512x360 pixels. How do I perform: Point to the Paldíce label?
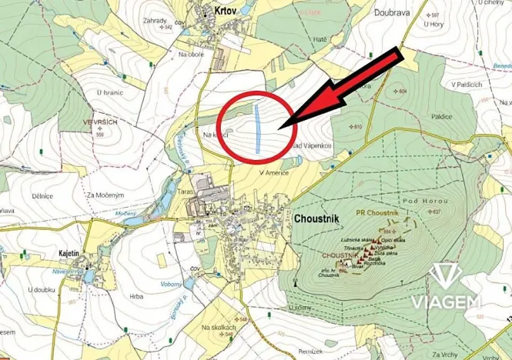441,116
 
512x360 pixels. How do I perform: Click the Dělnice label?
42,195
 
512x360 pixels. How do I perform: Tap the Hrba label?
137,295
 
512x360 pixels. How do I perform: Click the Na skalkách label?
217,328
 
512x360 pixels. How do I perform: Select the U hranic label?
109,92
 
